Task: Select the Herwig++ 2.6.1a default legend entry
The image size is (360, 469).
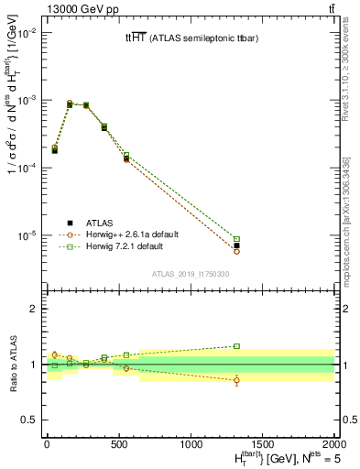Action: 126,234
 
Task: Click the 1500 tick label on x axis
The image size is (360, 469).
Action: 263,443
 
